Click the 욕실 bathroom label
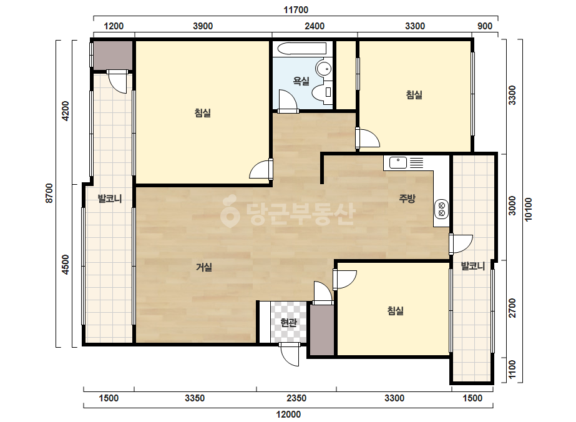pos(301,81)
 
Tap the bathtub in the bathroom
pos(301,49)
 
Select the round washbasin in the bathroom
pos(324,69)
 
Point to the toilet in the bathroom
pos(322,92)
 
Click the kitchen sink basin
pos(398,162)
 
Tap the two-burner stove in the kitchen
pos(441,209)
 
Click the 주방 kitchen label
pos(407,199)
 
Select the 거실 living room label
pos(204,267)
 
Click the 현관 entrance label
pos(288,322)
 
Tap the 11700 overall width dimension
pos(296,10)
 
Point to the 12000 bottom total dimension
pos(288,415)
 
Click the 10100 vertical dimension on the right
pos(528,210)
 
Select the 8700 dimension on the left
pos(49,194)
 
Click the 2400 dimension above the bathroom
pos(315,26)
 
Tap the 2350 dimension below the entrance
pos(296,398)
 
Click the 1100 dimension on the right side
pos(512,370)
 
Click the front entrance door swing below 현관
pos(290,355)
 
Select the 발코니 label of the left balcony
pos(109,199)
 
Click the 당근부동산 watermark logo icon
pos(230,211)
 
